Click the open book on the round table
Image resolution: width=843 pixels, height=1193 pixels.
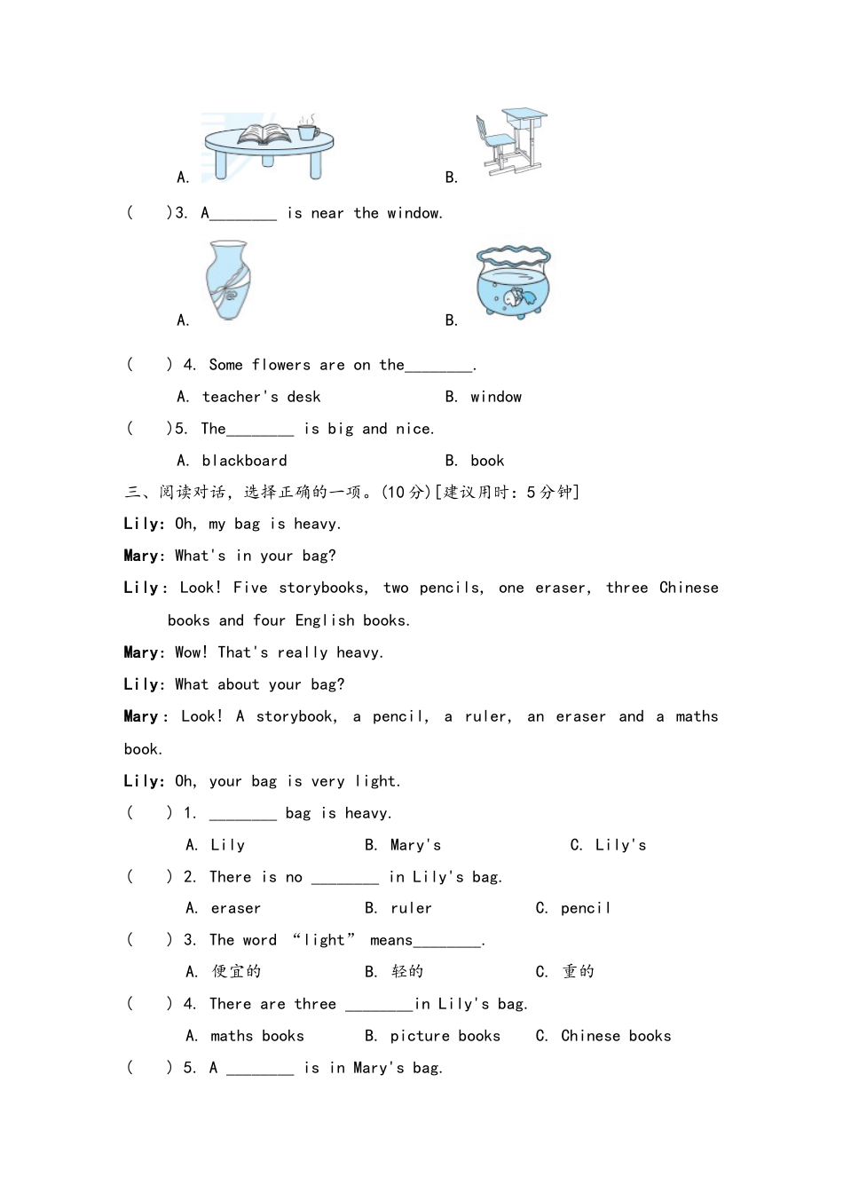pyautogui.click(x=264, y=134)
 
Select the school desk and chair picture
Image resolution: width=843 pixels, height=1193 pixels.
pyautogui.click(x=510, y=142)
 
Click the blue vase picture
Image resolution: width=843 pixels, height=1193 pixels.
pyautogui.click(x=227, y=280)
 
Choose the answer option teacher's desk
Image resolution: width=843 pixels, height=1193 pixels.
pyautogui.click(x=261, y=397)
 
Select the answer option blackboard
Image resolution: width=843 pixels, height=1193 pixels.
pyautogui.click(x=244, y=461)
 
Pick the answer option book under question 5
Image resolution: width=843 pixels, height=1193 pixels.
pyautogui.click(x=487, y=461)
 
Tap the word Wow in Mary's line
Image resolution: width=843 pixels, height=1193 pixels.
pyautogui.click(x=191, y=652)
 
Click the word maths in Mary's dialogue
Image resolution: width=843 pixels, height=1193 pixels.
pyautogui.click(x=697, y=716)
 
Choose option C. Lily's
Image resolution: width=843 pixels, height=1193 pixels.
pyautogui.click(x=619, y=845)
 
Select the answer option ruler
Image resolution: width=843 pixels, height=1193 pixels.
pyautogui.click(x=411, y=908)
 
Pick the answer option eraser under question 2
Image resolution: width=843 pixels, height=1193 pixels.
pyautogui.click(x=235, y=908)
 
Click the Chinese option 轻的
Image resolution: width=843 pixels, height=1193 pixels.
pyautogui.click(x=407, y=972)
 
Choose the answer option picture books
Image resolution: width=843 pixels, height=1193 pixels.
pyautogui.click(x=445, y=1036)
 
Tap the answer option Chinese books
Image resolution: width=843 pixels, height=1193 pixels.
pyautogui.click(x=616, y=1036)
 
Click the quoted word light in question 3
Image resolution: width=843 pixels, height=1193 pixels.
pyautogui.click(x=324, y=940)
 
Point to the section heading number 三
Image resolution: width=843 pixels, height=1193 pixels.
pyautogui.click(x=133, y=492)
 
